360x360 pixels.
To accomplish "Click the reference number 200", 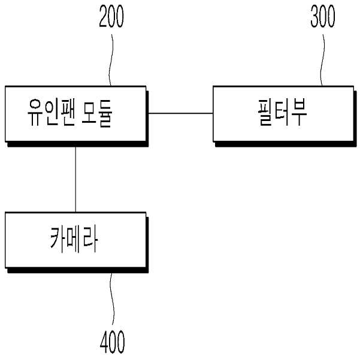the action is (x=111, y=16).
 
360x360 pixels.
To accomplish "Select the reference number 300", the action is (x=323, y=16).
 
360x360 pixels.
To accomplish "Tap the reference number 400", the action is (x=112, y=342).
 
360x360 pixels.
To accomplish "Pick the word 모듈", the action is (x=96, y=113).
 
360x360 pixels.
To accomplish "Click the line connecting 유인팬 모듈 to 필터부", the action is (x=181, y=113).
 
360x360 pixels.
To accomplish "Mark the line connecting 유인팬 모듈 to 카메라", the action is (x=75, y=179).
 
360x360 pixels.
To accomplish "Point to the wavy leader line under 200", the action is (x=111, y=60).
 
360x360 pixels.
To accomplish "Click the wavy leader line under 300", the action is (x=323, y=60).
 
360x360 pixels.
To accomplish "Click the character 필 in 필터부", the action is (x=266, y=113).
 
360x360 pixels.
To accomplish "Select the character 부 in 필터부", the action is (x=298, y=112).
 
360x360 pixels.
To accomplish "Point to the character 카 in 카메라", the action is (x=58, y=240).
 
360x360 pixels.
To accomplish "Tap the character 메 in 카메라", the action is (x=74, y=240).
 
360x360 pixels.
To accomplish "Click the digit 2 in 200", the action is (x=103, y=16).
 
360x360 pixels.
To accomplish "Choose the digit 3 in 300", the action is (x=314, y=16).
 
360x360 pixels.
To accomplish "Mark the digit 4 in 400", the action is (x=104, y=342).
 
